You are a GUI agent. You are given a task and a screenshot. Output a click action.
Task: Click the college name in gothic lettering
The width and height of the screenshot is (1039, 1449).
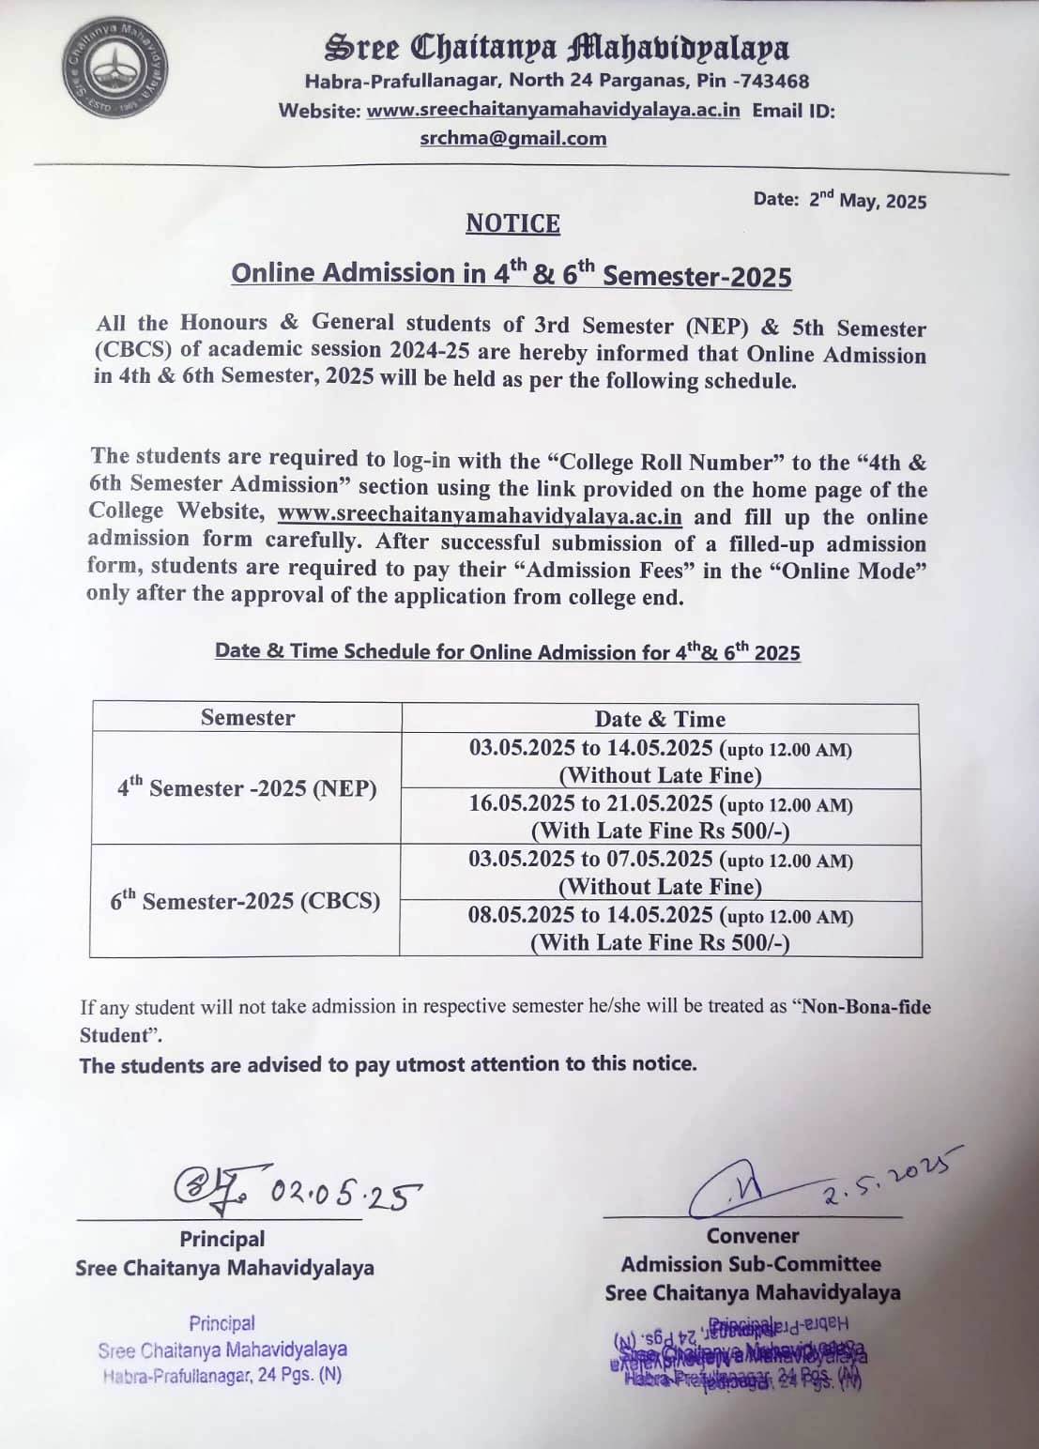[x=557, y=47]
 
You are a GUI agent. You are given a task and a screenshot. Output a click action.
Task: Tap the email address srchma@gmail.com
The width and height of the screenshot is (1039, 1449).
[x=512, y=138]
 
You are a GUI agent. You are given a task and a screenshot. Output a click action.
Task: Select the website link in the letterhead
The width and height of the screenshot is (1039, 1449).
[x=553, y=110]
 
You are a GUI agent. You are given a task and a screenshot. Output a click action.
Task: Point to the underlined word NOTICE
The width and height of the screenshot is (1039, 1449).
[x=512, y=223]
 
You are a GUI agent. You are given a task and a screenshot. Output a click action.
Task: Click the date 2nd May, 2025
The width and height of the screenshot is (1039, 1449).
[x=866, y=200]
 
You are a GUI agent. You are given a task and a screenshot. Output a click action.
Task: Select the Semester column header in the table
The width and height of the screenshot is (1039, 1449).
[x=247, y=718]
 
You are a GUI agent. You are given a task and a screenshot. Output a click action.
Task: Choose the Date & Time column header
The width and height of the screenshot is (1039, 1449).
[x=660, y=719]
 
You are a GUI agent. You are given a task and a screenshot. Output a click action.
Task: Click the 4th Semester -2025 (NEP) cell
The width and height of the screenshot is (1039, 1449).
[x=247, y=787]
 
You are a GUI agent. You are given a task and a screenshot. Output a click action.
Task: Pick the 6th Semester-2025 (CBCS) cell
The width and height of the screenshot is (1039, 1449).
[x=245, y=900]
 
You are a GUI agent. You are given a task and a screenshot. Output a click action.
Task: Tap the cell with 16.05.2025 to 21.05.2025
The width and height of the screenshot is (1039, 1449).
[x=660, y=817]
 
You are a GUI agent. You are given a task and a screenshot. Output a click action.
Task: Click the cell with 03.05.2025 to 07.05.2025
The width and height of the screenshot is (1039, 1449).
[x=660, y=873]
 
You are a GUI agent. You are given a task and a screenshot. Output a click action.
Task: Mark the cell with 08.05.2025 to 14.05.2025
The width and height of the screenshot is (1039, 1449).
[x=660, y=929]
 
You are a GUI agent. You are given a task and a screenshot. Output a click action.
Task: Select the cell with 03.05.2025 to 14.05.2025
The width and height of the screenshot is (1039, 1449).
[x=660, y=761]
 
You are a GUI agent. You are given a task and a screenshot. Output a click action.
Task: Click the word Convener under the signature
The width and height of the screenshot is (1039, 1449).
[x=753, y=1236]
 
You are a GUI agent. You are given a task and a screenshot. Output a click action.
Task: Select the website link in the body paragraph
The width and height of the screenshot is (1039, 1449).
[x=480, y=516]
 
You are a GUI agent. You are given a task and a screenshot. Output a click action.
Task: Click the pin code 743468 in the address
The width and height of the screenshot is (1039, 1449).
[x=774, y=81]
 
